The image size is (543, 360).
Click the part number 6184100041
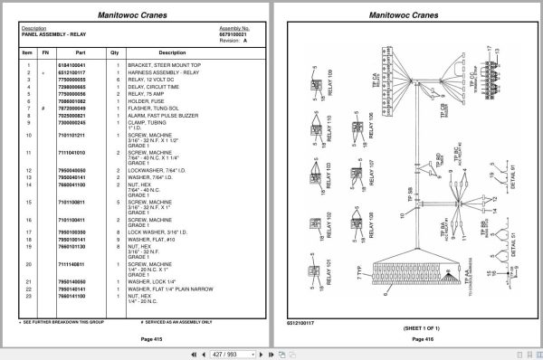70,66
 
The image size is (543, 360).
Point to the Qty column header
114,52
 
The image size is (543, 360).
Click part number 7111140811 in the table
71,264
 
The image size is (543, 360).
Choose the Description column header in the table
172,52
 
